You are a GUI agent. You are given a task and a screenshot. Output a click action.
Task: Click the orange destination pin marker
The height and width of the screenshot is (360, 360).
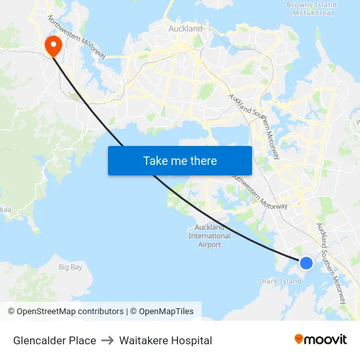(51, 45)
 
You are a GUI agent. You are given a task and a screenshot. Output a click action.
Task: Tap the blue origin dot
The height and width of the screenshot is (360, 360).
(306, 263)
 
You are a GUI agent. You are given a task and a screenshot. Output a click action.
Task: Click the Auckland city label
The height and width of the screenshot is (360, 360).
(185, 29)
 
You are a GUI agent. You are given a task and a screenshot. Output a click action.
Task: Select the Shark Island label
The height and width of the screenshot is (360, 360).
(279, 281)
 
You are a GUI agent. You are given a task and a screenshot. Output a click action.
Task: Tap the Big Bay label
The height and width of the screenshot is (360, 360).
(71, 267)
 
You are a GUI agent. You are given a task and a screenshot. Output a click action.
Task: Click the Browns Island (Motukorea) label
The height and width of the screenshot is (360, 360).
(312, 9)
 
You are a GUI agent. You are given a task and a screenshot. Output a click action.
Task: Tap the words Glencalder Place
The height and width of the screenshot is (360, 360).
(54, 340)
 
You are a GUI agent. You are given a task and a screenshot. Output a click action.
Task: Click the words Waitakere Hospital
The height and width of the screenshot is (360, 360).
(166, 340)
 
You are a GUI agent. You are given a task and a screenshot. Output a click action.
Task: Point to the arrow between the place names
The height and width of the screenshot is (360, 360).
(107, 340)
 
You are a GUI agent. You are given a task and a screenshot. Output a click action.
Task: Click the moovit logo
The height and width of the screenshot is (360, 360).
(320, 339)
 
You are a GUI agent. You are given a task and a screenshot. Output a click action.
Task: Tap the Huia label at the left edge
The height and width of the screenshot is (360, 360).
(5, 210)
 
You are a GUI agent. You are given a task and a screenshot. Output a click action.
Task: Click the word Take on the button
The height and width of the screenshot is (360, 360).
(155, 160)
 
